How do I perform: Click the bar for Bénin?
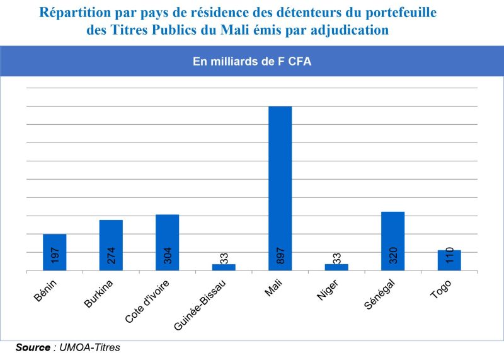[54, 243]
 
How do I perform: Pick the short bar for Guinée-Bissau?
[224, 267]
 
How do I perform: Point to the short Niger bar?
[336, 267]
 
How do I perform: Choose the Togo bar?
[449, 260]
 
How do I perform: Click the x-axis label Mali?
[273, 285]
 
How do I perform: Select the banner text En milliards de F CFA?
[252, 62]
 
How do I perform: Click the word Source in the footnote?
[33, 347]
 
